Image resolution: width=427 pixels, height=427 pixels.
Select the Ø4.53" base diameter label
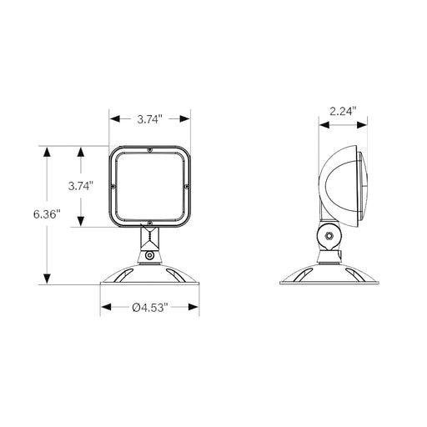pos(150,308)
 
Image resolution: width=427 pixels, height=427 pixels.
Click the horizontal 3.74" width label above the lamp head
pos(151,119)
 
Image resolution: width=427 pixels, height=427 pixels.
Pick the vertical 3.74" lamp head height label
pos(80,186)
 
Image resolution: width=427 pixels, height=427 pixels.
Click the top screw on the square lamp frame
pos(150,149)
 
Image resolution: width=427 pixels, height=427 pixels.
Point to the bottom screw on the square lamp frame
pos(150,224)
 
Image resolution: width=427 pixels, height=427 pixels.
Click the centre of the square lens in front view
pos(150,187)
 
